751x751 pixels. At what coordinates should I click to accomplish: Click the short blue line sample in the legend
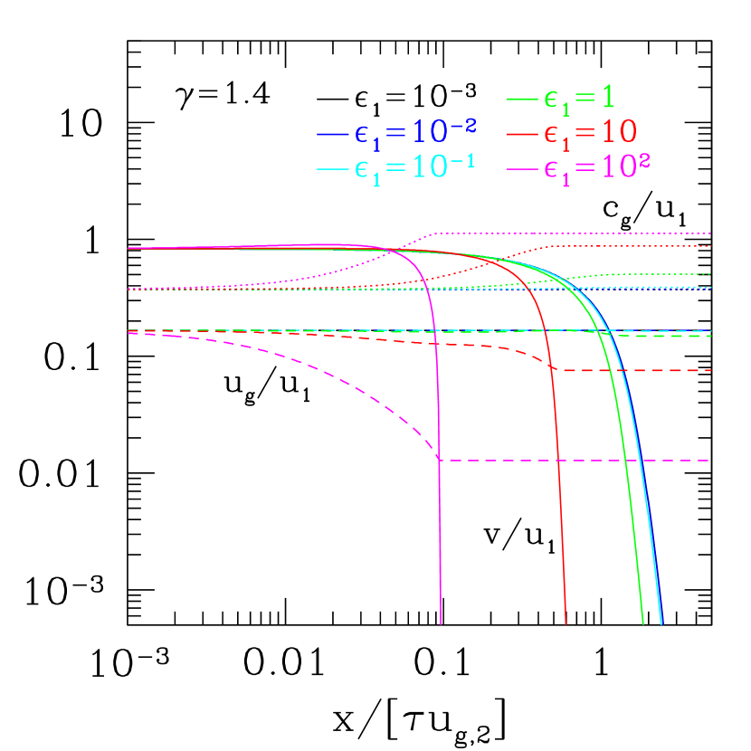point(333,136)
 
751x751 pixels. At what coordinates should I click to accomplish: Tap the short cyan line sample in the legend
point(333,170)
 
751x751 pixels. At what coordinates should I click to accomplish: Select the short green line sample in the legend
point(522,99)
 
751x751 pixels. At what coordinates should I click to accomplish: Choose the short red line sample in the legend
point(522,134)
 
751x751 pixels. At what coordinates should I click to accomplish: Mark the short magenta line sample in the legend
point(522,169)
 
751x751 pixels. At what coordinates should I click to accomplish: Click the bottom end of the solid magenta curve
point(441,623)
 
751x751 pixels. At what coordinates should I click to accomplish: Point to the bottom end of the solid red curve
point(566,623)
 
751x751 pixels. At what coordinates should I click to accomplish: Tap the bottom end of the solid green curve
point(642,623)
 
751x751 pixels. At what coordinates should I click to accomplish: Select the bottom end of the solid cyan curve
point(661,623)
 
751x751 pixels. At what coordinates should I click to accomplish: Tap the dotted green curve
point(651,273)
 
